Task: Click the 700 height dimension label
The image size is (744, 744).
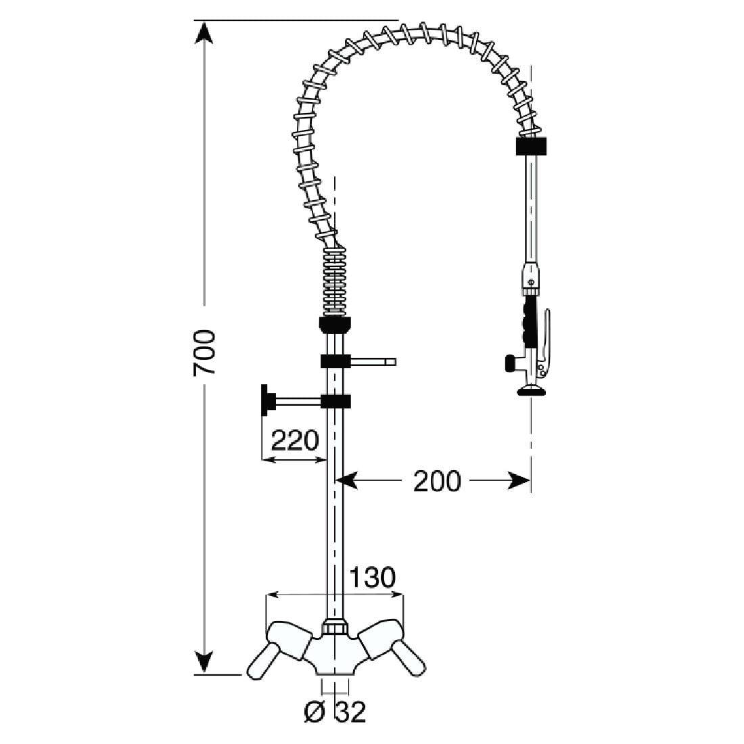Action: point(204,352)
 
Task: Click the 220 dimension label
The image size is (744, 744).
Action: point(294,440)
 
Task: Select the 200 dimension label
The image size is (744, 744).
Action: point(436,481)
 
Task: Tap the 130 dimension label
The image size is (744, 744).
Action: point(371,578)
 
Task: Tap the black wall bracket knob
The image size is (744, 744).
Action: point(266,400)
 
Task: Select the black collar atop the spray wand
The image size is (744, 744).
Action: point(531,145)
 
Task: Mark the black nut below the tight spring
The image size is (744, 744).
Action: point(334,324)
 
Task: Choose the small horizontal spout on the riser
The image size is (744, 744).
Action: point(372,363)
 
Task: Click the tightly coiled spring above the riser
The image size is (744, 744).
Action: point(334,284)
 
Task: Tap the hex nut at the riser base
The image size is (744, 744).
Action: point(335,626)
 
